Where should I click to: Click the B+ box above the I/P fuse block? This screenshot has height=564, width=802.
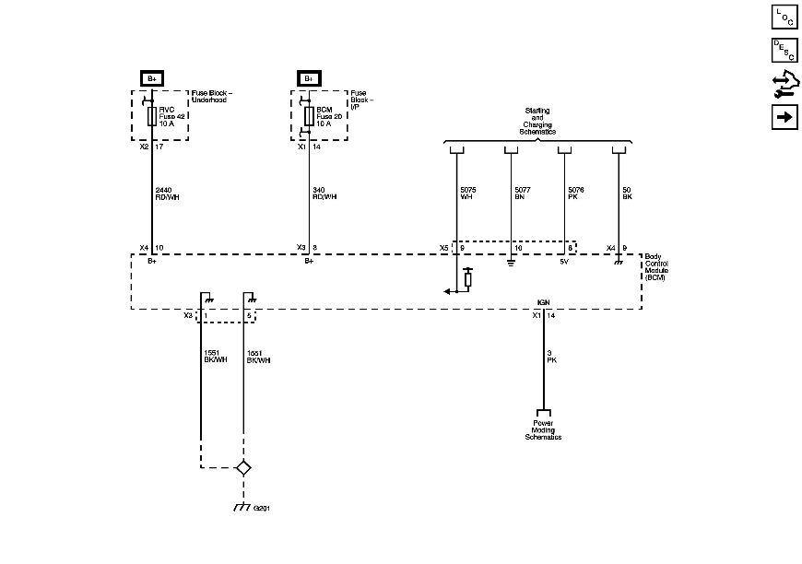click(309, 78)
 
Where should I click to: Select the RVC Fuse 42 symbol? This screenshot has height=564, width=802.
click(152, 115)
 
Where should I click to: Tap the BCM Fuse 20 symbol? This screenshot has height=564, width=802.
click(309, 115)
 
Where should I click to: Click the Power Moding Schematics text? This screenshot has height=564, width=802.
click(543, 430)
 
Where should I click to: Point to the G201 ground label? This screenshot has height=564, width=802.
click(262, 508)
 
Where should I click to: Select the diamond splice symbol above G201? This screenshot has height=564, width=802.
click(243, 467)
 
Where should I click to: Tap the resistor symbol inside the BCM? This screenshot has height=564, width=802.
click(468, 277)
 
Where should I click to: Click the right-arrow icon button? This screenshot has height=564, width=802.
click(784, 118)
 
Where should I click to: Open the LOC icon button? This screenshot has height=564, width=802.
click(784, 18)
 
